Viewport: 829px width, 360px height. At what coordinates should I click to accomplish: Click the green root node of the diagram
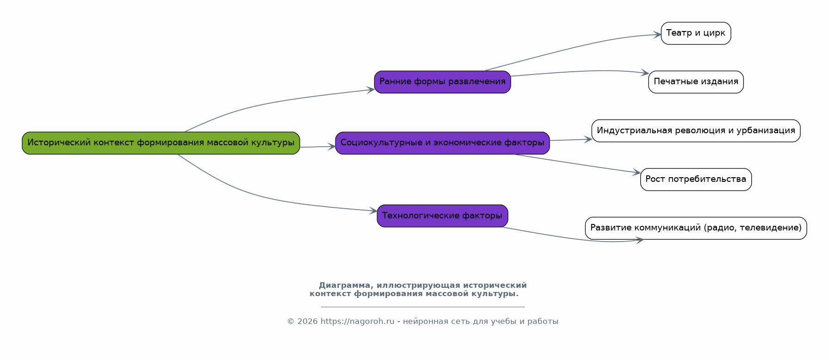click(x=161, y=143)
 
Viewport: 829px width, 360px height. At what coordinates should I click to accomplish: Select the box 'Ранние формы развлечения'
click(x=442, y=82)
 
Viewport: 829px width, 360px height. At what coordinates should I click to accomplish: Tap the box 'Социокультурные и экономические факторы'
click(x=442, y=143)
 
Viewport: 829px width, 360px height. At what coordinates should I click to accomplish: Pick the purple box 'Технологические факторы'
click(x=442, y=216)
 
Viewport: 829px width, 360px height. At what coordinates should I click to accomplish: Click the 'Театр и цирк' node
click(x=696, y=33)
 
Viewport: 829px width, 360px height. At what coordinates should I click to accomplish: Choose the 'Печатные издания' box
click(x=696, y=82)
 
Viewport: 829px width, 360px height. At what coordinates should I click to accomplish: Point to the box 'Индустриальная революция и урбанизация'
click(x=696, y=131)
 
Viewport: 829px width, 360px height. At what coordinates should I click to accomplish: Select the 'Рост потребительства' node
click(x=696, y=180)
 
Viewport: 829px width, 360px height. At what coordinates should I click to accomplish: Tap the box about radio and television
click(x=696, y=228)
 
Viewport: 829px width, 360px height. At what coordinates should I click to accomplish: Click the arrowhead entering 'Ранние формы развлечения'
click(x=371, y=90)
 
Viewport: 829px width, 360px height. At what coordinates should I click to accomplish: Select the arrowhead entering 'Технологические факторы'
click(x=373, y=211)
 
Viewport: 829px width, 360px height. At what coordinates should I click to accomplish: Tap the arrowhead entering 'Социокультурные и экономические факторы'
click(x=331, y=147)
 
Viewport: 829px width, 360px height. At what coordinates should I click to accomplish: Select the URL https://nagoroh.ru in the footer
click(x=357, y=322)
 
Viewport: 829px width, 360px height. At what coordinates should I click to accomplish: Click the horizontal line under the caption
click(x=423, y=306)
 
